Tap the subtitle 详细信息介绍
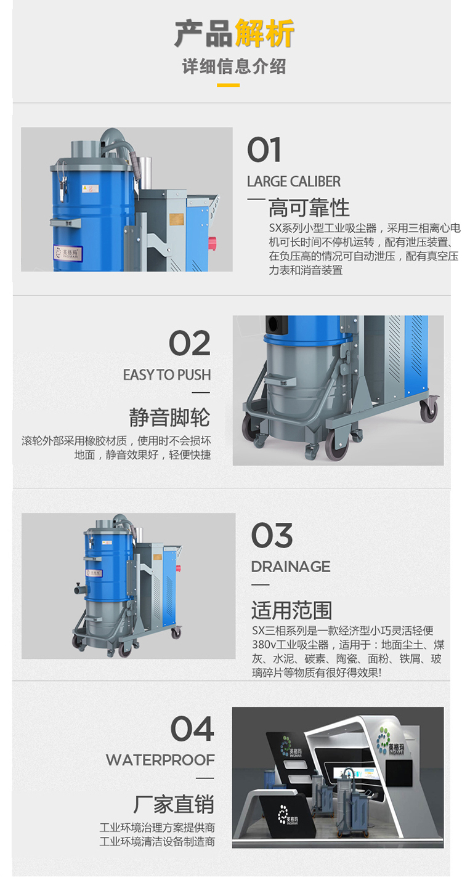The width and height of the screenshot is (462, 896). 234,67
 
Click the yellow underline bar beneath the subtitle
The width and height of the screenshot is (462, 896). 229,85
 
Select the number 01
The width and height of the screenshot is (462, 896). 264,150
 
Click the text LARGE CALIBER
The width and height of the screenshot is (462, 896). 294,182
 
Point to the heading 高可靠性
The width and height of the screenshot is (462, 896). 309,208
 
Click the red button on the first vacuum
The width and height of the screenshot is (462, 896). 213,243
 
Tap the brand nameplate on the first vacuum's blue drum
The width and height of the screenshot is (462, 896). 68,252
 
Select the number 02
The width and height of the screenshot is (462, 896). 190,343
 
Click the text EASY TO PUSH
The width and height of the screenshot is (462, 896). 167,375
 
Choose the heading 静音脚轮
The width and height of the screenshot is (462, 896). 169,417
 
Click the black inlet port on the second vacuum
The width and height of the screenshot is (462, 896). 277,323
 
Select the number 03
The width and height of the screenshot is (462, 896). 272,535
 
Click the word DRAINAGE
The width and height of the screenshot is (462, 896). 291,567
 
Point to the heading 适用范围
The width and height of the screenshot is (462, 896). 291,610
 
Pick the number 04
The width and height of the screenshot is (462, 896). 192,729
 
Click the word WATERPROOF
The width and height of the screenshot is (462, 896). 160,760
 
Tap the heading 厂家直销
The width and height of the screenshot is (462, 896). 174,804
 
